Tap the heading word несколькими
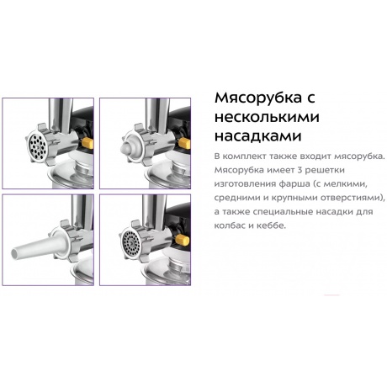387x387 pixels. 267,117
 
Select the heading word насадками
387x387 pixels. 258,136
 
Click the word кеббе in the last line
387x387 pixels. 270,225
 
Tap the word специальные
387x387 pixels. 276,212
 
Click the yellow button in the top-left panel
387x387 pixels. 87,143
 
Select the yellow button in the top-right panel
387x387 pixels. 184,143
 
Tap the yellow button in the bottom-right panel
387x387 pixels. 183,240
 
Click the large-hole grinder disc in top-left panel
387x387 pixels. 38,146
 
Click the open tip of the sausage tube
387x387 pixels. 15,253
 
